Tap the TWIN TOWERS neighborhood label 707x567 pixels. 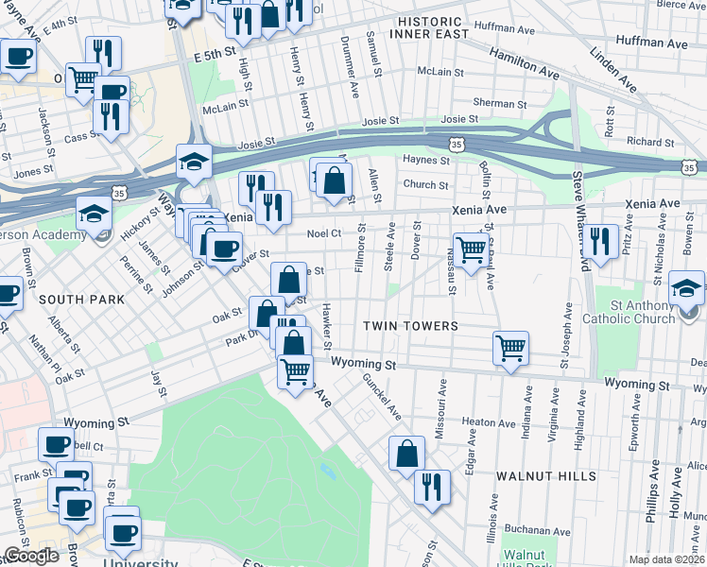[411, 326]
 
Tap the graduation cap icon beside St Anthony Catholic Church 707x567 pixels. [687, 287]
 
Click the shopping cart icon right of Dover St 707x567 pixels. [470, 249]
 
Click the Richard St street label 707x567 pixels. [650, 142]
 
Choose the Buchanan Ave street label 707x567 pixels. [534, 531]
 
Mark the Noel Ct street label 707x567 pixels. [323, 233]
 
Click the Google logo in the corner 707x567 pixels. [31, 556]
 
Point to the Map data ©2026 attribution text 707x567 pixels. [667, 559]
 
